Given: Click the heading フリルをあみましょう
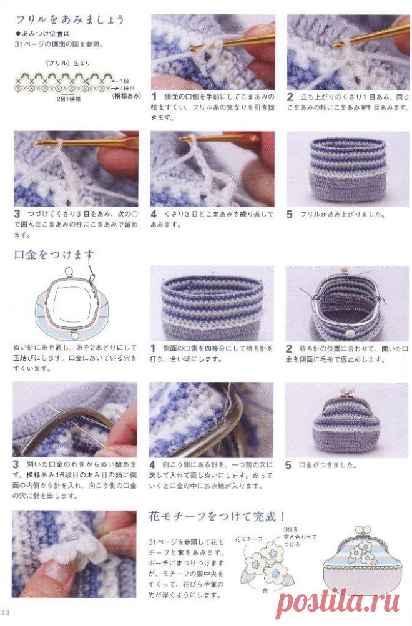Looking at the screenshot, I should click(x=69, y=19).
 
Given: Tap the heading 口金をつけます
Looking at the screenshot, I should click(x=54, y=255).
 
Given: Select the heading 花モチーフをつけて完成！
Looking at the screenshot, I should click(x=217, y=516).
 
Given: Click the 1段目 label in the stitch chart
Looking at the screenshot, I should click(x=120, y=82).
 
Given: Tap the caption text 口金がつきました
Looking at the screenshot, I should click(x=328, y=465).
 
